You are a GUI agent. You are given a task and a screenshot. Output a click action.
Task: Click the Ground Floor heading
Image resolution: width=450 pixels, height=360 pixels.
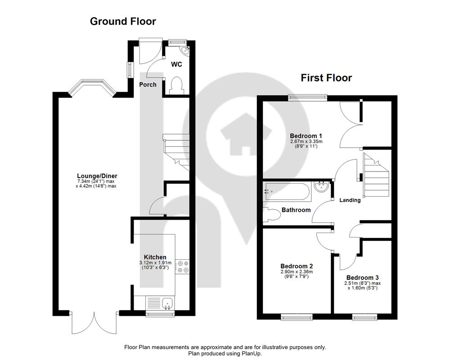[x=123, y=21]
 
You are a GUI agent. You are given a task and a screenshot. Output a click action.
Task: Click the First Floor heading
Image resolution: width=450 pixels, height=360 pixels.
[x=326, y=78]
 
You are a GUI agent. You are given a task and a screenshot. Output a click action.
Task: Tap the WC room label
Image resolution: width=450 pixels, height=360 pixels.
[x=176, y=64]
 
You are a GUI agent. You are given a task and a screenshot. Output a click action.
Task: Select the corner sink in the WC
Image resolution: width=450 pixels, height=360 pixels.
[x=184, y=50]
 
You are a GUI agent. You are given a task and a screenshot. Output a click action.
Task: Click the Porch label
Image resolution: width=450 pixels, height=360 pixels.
[x=148, y=85]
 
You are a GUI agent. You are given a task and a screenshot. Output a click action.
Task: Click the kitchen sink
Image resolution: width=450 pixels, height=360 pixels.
[x=167, y=303]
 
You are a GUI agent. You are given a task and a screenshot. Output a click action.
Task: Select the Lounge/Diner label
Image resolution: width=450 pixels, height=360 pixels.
[x=97, y=176]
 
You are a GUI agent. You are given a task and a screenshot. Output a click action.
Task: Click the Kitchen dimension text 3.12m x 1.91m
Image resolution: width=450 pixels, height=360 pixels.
[x=155, y=263]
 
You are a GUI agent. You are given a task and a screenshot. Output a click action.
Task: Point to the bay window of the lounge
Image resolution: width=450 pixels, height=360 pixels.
[x=92, y=88]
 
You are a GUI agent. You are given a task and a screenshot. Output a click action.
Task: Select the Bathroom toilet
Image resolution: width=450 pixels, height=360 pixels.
[x=271, y=215]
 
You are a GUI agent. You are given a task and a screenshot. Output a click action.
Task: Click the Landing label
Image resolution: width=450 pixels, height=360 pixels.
[x=350, y=200]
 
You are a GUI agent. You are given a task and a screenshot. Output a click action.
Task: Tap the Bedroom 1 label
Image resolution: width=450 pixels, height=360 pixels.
[x=306, y=136]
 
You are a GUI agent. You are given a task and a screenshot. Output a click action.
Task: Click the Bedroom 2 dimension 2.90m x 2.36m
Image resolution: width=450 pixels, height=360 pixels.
[x=297, y=272]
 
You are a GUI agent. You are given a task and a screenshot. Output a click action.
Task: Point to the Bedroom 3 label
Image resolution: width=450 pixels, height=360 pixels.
[x=362, y=278]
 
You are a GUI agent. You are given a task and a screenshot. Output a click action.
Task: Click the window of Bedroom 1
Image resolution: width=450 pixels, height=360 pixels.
[x=308, y=98]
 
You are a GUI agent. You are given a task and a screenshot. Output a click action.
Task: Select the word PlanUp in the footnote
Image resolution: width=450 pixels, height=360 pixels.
[x=252, y=354]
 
